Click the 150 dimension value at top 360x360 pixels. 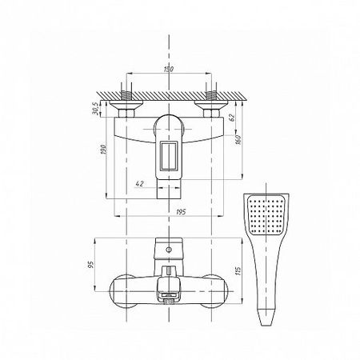pyautogui.click(x=168, y=69)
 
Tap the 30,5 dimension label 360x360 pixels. pyautogui.click(x=95, y=109)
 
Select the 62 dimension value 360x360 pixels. pyautogui.click(x=232, y=118)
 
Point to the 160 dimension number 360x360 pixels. pyautogui.click(x=238, y=139)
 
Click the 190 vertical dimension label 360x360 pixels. pyautogui.click(x=103, y=150)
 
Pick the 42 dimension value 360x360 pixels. pyautogui.click(x=140, y=183)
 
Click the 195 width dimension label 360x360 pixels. pyautogui.click(x=181, y=212)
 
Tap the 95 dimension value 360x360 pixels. pyautogui.click(x=91, y=264)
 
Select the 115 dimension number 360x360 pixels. pyautogui.click(x=238, y=271)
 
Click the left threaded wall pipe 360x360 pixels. pyautogui.click(x=126, y=95)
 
